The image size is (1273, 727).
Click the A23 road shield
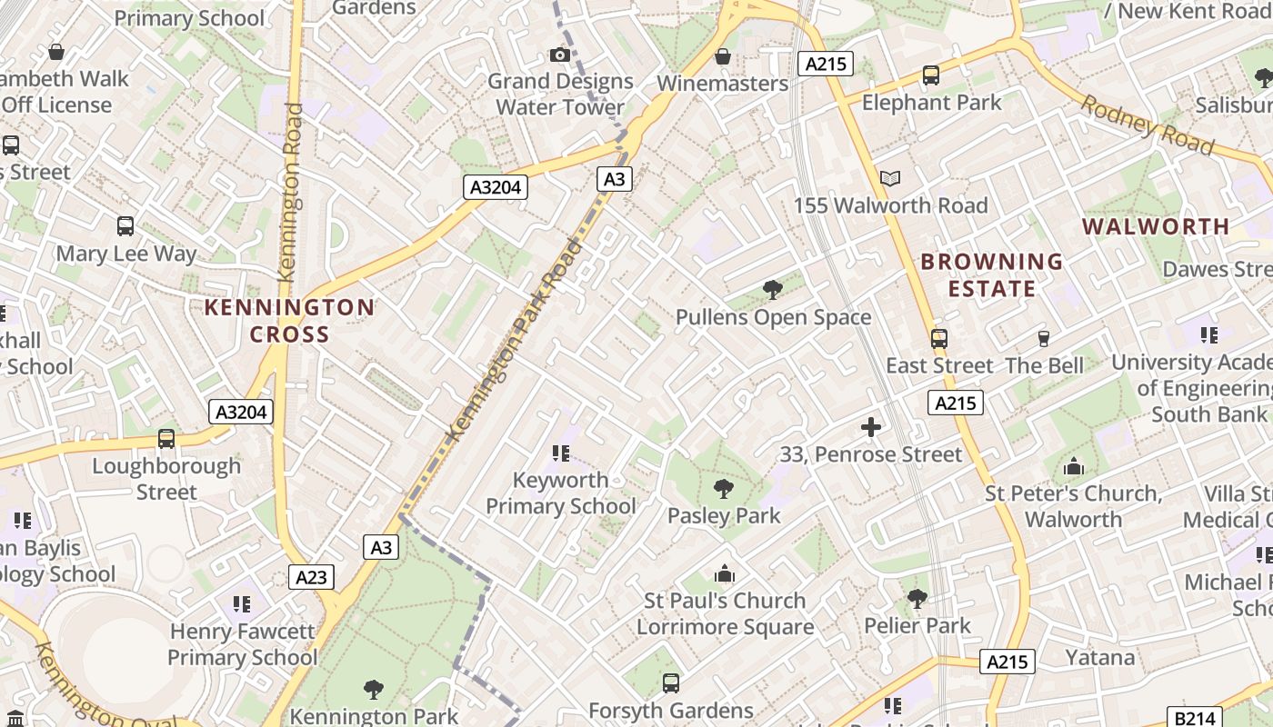311,576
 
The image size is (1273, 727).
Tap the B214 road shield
1192,718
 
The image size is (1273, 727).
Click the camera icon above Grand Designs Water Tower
560,55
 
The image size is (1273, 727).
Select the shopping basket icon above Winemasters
723,56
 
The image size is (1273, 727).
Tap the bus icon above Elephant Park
931,75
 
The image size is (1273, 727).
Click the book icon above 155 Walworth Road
890,179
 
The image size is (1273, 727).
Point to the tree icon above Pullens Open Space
773,290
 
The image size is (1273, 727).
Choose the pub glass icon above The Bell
1044,339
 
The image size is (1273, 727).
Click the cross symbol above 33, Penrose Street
871,426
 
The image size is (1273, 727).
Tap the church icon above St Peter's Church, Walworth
1074,467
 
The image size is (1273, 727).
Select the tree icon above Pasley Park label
724,489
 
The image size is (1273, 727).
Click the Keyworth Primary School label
560,493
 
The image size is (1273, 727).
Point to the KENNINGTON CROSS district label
289,320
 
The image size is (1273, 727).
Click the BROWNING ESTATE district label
991,274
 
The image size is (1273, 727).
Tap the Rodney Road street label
1147,124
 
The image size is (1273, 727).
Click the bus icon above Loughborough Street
166,439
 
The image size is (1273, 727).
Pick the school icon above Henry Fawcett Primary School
242,603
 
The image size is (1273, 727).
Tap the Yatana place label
1100,657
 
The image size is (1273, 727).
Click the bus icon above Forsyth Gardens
671,682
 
